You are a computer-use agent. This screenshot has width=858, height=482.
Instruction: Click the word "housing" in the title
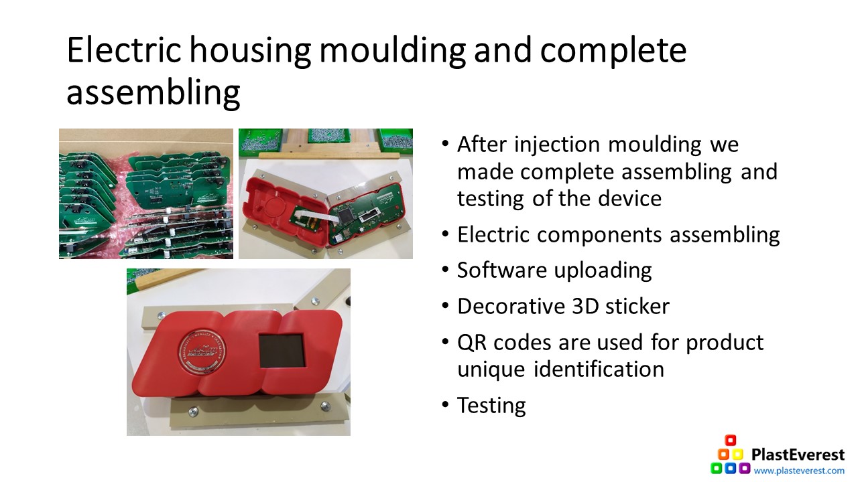250,51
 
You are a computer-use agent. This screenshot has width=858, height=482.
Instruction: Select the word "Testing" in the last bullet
491,406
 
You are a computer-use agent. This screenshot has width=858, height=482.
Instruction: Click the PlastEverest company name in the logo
798,455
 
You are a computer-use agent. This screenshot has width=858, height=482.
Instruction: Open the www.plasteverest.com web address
799,471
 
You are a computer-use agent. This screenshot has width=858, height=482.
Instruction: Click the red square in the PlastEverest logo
731,440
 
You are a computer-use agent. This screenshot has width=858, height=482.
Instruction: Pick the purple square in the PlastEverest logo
745,468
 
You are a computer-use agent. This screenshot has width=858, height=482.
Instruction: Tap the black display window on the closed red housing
282,350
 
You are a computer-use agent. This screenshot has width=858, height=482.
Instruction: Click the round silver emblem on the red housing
202,351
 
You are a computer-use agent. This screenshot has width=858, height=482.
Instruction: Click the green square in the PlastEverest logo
717,468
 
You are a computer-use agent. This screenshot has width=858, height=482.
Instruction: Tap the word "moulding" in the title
393,51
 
